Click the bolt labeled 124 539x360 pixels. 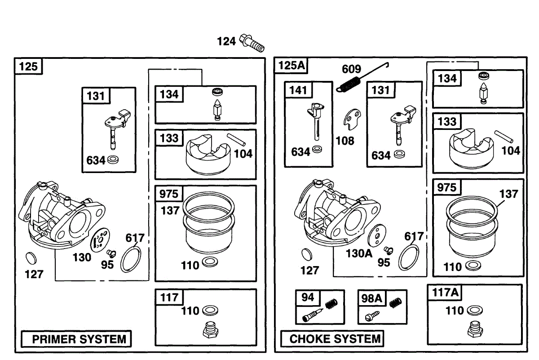coord(251,43)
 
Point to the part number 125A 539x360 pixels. coord(292,66)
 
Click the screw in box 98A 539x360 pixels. coord(371,316)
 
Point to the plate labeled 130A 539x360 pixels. coord(376,236)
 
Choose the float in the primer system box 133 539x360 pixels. coord(204,155)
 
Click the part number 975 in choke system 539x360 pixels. coord(446,187)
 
